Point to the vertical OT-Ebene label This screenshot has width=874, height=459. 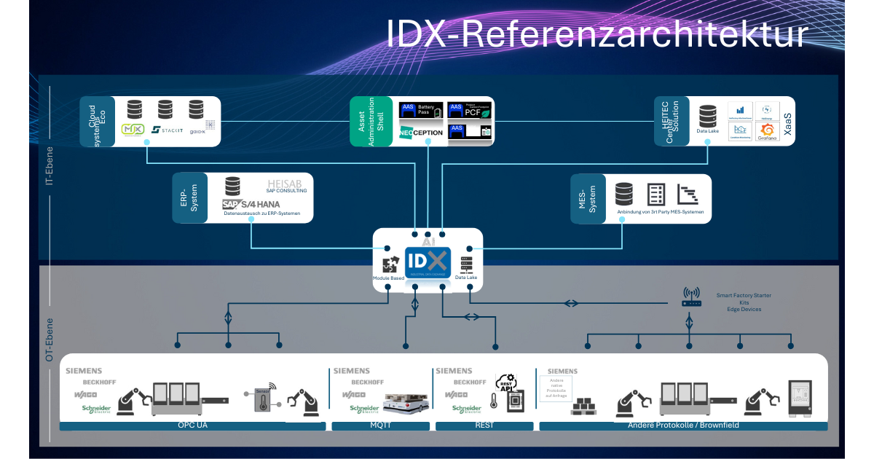pyautogui.click(x=50, y=340)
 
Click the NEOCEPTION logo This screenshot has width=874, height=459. pyautogui.click(x=421, y=133)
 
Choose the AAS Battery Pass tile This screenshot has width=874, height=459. pyautogui.click(x=421, y=110)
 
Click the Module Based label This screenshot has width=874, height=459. pyautogui.click(x=388, y=278)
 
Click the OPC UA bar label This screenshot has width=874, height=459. pyautogui.click(x=192, y=425)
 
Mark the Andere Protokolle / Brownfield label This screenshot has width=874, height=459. pyautogui.click(x=682, y=425)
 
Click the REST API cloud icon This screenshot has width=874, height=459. pyautogui.click(x=505, y=382)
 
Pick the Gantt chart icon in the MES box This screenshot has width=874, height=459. pyautogui.click(x=688, y=194)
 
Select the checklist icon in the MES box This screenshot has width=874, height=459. pyautogui.click(x=656, y=194)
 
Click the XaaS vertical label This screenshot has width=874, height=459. pyautogui.click(x=787, y=121)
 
